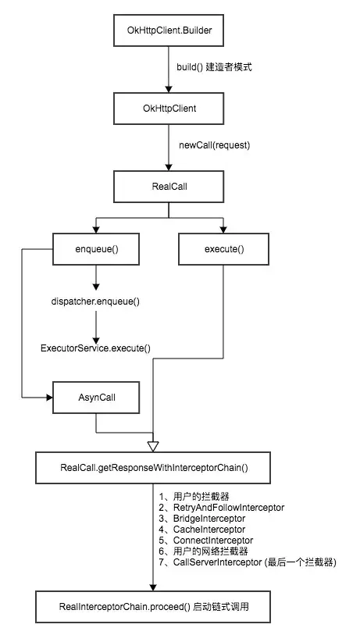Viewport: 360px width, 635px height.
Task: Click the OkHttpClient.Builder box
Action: point(169,30)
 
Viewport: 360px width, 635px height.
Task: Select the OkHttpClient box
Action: point(169,109)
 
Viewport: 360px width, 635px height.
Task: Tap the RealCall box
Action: point(169,187)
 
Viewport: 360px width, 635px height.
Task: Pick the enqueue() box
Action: point(96,249)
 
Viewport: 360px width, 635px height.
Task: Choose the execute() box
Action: point(224,249)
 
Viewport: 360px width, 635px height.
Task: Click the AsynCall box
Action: point(96,398)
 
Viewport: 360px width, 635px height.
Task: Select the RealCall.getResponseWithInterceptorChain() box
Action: point(153,468)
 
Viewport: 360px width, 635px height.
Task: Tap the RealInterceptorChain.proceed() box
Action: point(153,607)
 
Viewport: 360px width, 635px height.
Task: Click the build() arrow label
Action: point(214,67)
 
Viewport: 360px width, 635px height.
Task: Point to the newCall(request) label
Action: point(215,145)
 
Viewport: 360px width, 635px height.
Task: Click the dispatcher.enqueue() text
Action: point(95,301)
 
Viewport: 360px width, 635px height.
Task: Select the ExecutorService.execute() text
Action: point(95,348)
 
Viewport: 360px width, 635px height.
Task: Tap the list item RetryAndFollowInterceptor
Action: point(229,508)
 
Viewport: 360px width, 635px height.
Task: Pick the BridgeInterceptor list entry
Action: point(209,519)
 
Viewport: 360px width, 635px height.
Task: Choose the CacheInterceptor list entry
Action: point(209,530)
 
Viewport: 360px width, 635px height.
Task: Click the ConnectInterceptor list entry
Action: point(213,540)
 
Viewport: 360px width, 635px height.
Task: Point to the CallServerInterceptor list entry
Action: point(217,562)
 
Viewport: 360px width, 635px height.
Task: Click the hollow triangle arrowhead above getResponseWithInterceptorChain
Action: point(153,446)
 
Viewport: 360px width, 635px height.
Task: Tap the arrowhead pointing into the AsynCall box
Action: point(50,398)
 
